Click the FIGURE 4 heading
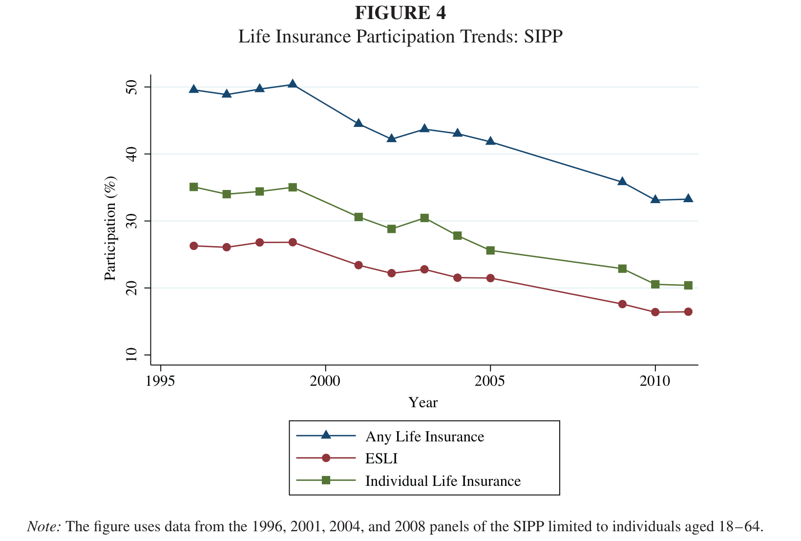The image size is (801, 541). (400, 13)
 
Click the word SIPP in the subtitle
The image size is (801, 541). (543, 37)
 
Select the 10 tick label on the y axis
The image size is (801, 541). (131, 354)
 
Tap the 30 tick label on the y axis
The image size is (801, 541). (131, 221)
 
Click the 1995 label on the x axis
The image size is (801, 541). (160, 381)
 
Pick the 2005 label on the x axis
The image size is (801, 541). (490, 381)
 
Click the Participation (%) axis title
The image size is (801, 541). (110, 229)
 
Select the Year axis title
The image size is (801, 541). (423, 403)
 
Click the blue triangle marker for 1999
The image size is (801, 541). (293, 84)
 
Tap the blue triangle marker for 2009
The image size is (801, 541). (622, 181)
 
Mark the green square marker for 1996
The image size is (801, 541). (193, 187)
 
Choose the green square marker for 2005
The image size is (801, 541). (490, 250)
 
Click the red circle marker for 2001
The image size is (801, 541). (358, 265)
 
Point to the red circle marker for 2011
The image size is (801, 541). (688, 312)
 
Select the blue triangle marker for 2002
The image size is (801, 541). (392, 138)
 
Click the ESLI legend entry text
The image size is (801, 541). (381, 458)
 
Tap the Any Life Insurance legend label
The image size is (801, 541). (425, 437)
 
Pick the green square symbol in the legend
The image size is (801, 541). (326, 480)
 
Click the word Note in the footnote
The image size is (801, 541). (43, 526)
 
